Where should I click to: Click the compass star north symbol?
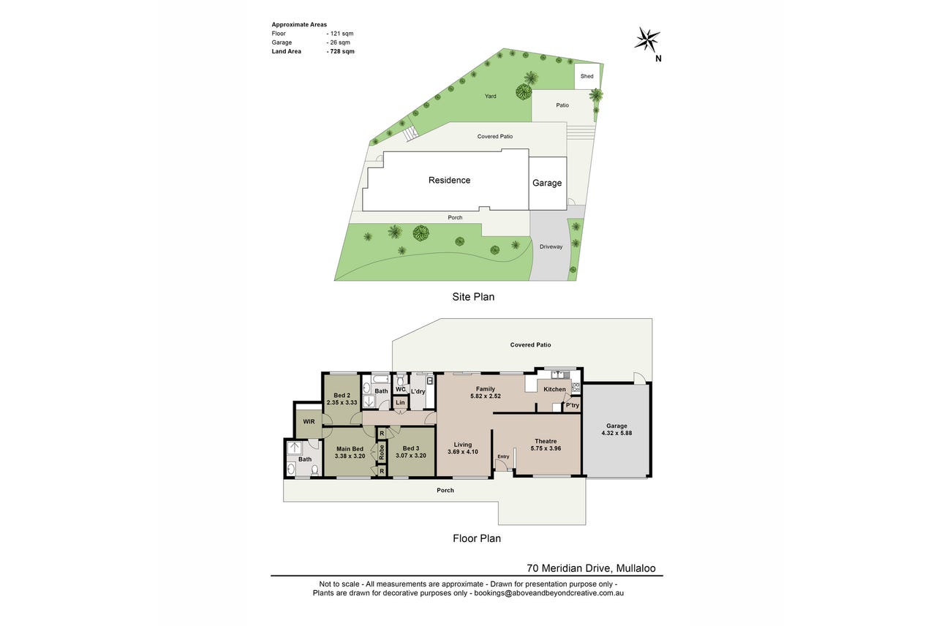(x=646, y=39)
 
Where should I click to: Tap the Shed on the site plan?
(x=587, y=76)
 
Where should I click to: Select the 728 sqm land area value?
(x=340, y=52)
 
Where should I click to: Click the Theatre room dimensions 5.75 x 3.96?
(x=546, y=448)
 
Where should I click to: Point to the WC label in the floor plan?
(x=400, y=389)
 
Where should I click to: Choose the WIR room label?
(x=309, y=422)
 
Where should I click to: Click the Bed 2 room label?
(x=342, y=396)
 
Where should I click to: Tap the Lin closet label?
(x=400, y=402)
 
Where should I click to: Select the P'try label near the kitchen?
(x=572, y=405)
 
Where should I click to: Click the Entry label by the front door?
(x=503, y=456)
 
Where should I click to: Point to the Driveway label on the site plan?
(x=551, y=247)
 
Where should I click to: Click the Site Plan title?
(x=473, y=297)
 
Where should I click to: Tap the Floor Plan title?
(x=477, y=538)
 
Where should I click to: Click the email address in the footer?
(x=549, y=593)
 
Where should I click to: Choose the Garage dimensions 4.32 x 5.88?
(x=616, y=433)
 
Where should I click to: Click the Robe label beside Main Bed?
(x=382, y=451)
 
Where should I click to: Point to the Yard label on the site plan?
(x=491, y=97)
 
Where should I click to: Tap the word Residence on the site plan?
(x=449, y=181)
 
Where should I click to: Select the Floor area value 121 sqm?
(x=340, y=34)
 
